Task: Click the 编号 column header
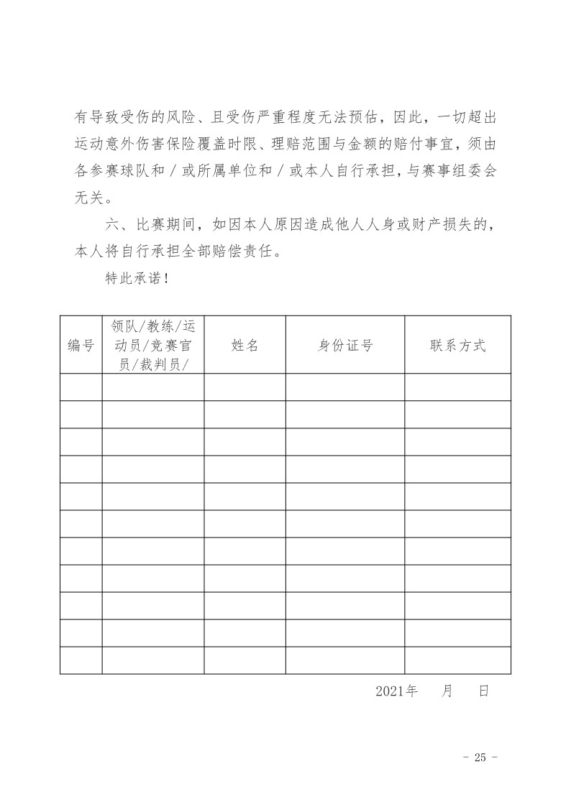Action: point(81,345)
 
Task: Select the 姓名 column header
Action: point(245,345)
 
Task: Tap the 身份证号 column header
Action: point(345,345)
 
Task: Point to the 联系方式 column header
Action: point(457,345)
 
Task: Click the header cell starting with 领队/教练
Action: point(152,345)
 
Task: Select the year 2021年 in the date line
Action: point(396,691)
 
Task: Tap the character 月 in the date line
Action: point(447,691)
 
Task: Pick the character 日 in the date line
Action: point(483,691)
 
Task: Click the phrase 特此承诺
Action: point(132,278)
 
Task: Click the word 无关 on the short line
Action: point(91,197)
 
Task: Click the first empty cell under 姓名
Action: point(245,387)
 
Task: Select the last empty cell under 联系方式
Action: point(457,660)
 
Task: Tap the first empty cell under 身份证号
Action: point(345,387)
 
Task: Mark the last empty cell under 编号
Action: point(81,660)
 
